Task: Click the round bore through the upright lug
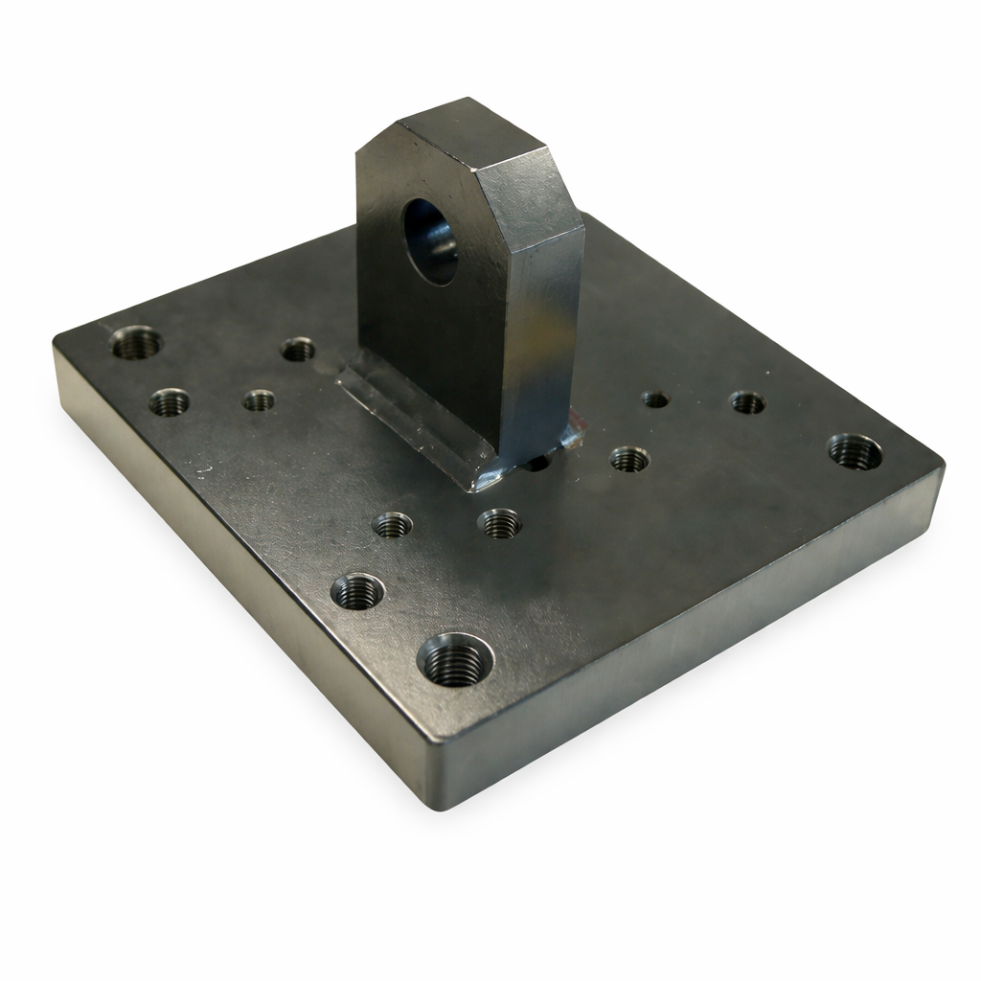[x=430, y=241]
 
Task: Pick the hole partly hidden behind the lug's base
[x=537, y=463]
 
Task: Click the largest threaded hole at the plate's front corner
[x=455, y=659]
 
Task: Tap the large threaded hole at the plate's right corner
[x=855, y=451]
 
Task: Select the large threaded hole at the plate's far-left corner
[x=137, y=343]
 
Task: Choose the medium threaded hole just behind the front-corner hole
[x=357, y=591]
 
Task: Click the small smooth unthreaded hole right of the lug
[x=655, y=399]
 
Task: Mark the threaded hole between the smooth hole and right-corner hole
[x=747, y=402]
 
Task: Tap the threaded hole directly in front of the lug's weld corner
[x=500, y=523]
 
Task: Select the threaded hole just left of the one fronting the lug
[x=393, y=525]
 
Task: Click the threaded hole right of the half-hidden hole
[x=629, y=459]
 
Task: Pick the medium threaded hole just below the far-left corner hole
[x=169, y=402]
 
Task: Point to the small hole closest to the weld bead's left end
[x=298, y=350]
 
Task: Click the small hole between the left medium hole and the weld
[x=259, y=400]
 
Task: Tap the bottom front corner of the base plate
[x=443, y=803]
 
